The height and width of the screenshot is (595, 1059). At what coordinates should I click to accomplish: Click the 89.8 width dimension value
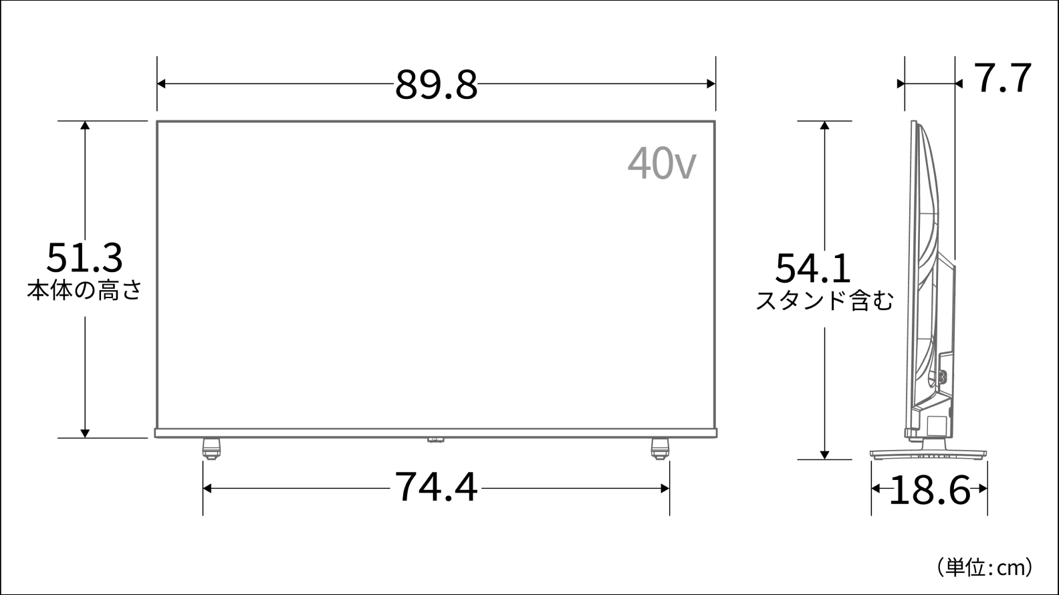436,85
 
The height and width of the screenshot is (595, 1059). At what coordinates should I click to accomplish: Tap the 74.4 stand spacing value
436,487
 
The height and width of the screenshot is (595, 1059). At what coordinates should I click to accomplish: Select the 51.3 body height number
85,258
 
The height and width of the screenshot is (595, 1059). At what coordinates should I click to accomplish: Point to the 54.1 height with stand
813,268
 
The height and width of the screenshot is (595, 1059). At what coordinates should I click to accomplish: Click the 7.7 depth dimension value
1003,78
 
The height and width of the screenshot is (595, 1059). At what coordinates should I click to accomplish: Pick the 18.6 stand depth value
929,491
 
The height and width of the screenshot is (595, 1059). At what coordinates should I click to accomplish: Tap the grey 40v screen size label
662,163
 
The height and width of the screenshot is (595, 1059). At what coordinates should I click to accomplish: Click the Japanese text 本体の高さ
85,290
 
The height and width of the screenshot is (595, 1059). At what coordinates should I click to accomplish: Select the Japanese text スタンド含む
824,301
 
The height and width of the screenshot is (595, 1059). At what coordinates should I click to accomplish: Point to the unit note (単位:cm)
985,567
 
